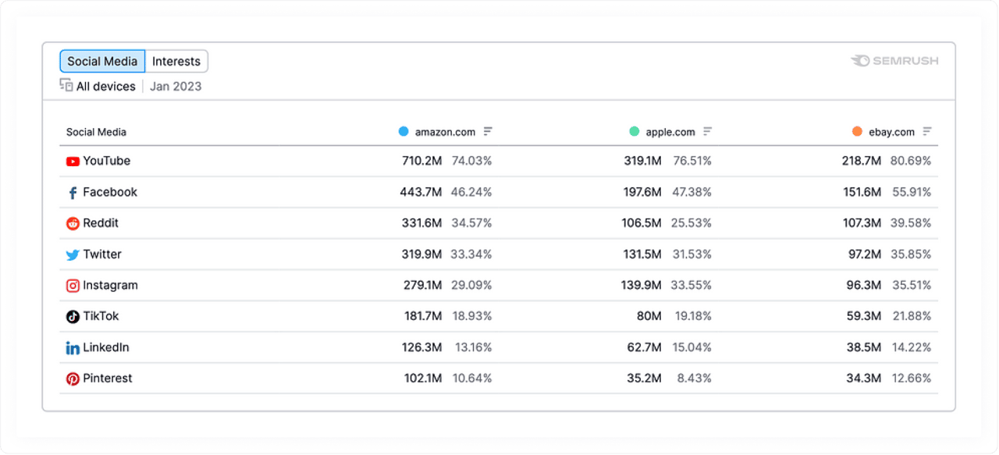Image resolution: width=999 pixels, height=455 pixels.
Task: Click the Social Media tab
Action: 102,62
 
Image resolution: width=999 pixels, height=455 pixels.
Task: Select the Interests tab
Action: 176,62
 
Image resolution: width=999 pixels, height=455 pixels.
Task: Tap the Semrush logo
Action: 894,61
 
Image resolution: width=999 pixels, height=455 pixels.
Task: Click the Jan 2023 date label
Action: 176,87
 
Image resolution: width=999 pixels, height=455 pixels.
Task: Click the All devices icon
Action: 66,86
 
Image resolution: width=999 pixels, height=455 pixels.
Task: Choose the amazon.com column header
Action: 445,132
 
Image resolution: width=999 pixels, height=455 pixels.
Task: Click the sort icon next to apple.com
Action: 708,132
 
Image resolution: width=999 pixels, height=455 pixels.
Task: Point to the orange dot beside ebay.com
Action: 857,132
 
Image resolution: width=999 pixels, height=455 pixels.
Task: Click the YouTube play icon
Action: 73,162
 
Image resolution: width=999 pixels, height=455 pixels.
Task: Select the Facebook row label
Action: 110,192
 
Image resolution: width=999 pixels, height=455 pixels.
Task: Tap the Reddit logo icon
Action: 73,223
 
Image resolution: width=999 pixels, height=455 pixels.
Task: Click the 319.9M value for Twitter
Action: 422,254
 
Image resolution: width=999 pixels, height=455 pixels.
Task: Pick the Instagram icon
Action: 73,286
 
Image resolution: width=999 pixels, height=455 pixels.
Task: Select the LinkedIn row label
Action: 106,347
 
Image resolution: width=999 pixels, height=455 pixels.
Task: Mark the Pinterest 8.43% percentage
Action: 691,379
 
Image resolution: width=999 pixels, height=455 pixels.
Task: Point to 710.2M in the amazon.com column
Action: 422,161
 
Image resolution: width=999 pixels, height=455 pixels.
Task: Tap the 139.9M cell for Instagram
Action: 642,286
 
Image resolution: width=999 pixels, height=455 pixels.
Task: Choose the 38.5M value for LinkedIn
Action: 862,347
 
